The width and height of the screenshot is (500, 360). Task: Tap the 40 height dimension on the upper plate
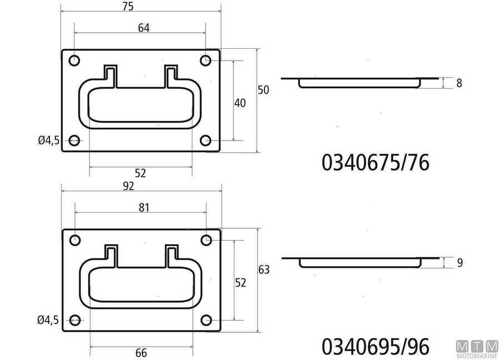240,103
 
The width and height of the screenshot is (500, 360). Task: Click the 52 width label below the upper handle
140,173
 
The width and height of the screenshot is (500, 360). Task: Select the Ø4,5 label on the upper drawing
49,141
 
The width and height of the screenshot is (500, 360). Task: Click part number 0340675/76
376,163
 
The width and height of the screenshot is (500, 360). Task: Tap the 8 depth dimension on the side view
459,83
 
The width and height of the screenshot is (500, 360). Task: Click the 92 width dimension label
128,186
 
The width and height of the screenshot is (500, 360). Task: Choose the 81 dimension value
143,207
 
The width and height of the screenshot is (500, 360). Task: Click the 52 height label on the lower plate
240,283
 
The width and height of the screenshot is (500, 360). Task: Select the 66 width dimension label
141,353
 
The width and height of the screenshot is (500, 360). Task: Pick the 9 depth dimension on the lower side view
459,263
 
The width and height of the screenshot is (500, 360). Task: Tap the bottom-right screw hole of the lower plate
206,320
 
